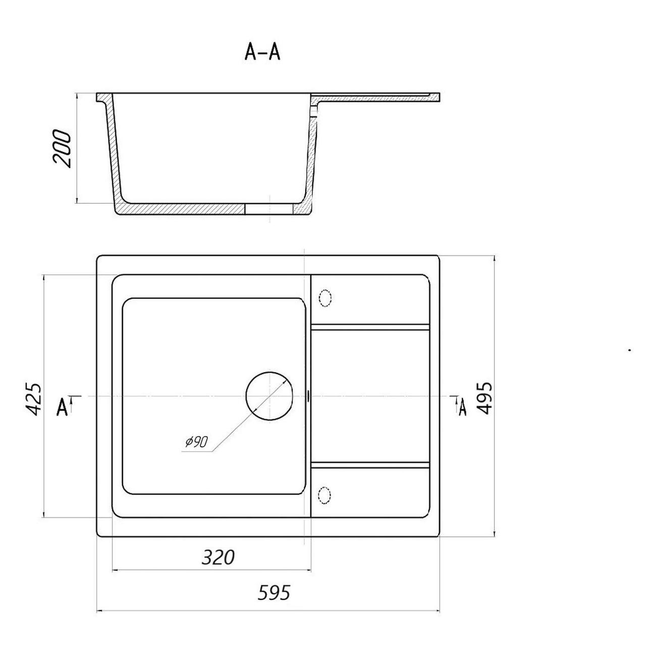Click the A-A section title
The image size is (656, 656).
tap(262, 52)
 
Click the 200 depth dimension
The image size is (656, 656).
tap(62, 148)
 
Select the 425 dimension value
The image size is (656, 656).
tap(34, 399)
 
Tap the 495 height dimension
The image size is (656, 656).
tap(484, 398)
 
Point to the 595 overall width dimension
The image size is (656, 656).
tap(274, 602)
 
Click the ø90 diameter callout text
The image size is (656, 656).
tap(197, 442)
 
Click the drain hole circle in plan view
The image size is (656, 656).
tap(269, 396)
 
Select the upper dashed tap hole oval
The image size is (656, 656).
tap(325, 298)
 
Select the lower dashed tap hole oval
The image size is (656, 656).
tap(324, 496)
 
